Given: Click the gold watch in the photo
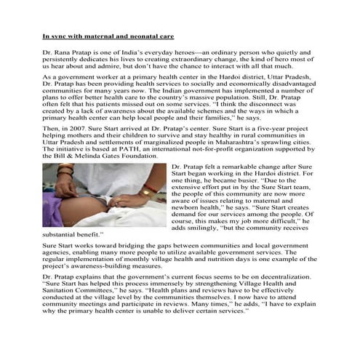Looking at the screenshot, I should tap(150, 193).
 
